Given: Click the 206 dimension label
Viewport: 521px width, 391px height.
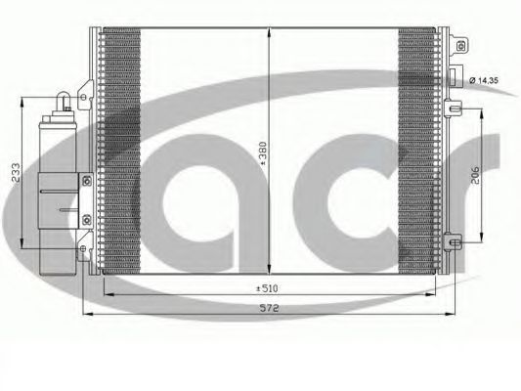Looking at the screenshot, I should pos(474,174).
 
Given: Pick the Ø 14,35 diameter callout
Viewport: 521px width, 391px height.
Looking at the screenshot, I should pos(492,77).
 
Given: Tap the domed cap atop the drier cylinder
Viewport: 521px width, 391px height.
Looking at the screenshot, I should pos(61,98).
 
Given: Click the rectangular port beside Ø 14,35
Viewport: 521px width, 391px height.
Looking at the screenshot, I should pos(455,75).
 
